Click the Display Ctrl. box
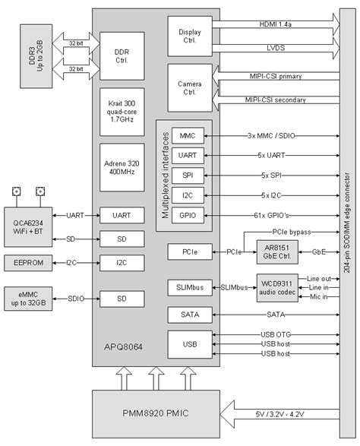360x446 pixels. point(190,35)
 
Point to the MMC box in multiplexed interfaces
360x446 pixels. point(187,135)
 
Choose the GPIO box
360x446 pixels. point(187,215)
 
